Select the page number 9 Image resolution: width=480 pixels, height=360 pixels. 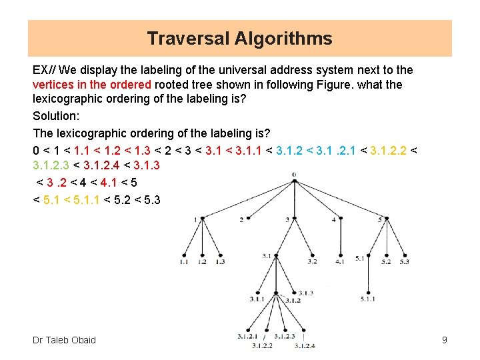tap(444, 341)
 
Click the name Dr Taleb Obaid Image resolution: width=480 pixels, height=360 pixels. tap(64, 340)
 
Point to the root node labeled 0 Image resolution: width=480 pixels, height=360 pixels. tap(294, 181)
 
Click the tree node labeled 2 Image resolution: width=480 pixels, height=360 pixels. tap(248, 219)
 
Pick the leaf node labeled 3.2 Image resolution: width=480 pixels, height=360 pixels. tap(313, 255)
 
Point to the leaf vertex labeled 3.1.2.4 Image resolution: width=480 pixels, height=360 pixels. tap(304, 329)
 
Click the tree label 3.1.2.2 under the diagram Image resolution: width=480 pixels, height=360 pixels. tap(262, 345)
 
